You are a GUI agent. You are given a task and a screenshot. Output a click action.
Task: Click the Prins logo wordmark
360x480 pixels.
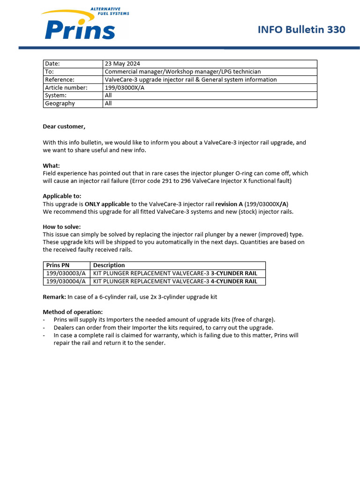tap(80, 29)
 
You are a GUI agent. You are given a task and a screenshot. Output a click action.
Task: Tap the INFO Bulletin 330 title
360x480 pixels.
tap(301, 30)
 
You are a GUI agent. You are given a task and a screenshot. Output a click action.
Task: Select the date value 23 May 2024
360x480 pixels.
tap(122, 64)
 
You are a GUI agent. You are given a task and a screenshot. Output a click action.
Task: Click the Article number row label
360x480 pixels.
tap(66, 88)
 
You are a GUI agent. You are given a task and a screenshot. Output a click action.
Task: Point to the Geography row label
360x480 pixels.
tap(60, 104)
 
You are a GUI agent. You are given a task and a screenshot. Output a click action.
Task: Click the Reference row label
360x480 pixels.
tap(60, 80)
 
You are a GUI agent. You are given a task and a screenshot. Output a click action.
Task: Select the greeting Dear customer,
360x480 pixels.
tap(64, 127)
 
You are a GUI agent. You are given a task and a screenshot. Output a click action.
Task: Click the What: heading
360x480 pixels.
tap(51, 166)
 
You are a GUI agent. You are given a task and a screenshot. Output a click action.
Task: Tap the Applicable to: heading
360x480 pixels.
tap(62, 196)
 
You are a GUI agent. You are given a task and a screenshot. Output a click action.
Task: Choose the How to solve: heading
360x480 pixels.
tap(61, 227)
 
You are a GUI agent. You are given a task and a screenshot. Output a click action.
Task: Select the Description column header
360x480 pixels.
tap(109, 265)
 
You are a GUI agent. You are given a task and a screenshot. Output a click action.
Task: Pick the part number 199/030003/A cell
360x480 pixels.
tap(66, 273)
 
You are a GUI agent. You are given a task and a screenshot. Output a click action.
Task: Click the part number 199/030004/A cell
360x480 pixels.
tap(66, 281)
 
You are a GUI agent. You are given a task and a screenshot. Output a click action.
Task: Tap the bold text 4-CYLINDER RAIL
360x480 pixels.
tap(234, 281)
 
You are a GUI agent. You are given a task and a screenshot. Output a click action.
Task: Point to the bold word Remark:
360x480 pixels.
tap(54, 297)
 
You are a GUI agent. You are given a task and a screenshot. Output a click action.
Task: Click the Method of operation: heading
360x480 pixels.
tap(72, 312)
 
